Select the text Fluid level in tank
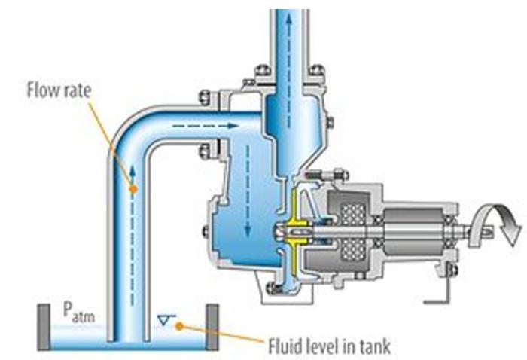(329, 346)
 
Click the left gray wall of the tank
(44, 328)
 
